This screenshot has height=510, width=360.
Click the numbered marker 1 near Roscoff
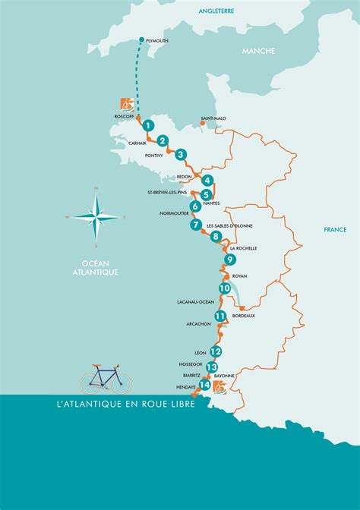coord(149,125)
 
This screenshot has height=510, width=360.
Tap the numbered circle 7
coord(196,225)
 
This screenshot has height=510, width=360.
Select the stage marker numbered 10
coord(225,288)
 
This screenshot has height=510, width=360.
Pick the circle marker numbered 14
coord(204,385)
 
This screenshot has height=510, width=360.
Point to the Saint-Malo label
coord(213,118)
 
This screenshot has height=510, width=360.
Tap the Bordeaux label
coord(244,315)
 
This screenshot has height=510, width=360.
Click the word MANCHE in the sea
coord(258,51)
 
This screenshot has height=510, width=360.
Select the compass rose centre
coord(96,217)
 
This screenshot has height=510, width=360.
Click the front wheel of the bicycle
coord(120,382)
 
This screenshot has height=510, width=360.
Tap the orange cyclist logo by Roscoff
coord(126,104)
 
